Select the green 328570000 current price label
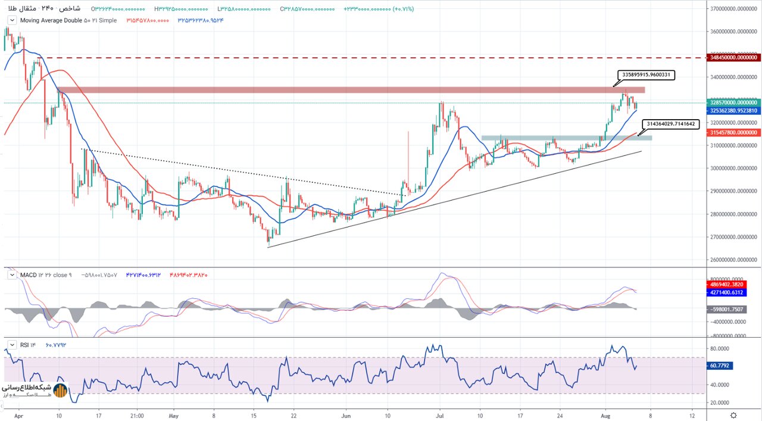733,102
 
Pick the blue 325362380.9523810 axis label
733,110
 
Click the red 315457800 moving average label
733,133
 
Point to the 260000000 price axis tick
733,260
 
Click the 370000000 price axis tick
733,9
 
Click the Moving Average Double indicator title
68,20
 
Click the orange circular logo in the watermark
60,391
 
